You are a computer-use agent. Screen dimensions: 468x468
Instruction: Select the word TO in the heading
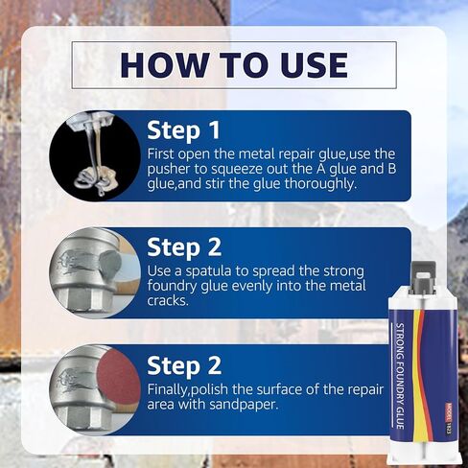(x=242, y=65)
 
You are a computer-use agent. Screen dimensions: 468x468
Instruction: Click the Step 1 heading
(x=183, y=130)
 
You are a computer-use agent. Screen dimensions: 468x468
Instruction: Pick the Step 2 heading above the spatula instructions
(x=184, y=247)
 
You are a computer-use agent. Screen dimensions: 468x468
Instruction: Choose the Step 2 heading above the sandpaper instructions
(x=184, y=365)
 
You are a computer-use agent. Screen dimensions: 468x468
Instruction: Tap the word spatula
(x=208, y=271)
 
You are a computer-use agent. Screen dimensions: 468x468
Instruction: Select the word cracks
(x=168, y=300)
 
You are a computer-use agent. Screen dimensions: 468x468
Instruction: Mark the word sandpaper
(x=244, y=405)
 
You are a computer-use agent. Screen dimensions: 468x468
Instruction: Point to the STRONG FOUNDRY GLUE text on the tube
(x=401, y=376)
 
